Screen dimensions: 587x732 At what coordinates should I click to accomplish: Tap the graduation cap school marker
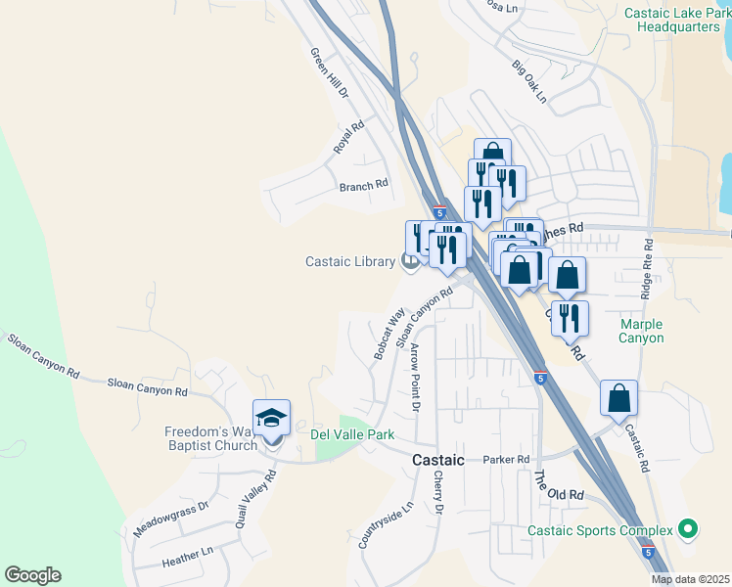(x=271, y=419)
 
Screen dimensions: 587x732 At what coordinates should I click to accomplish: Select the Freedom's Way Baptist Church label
(x=209, y=437)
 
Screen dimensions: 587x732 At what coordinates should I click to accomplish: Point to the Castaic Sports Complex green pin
(x=688, y=530)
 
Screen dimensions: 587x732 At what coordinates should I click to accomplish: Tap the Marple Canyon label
(x=641, y=331)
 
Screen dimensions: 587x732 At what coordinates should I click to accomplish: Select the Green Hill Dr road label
(x=330, y=73)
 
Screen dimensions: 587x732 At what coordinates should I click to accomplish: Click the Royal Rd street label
(x=348, y=136)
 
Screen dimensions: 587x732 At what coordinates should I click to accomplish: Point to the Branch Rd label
(x=363, y=185)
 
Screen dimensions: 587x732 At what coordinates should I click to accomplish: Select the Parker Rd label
(x=506, y=459)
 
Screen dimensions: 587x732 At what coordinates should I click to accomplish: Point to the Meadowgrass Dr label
(x=172, y=519)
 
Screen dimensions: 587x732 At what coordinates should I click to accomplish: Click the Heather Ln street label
(x=188, y=556)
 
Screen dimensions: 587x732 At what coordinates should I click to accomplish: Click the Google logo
(x=32, y=575)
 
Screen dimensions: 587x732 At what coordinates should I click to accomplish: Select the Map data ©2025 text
(x=691, y=579)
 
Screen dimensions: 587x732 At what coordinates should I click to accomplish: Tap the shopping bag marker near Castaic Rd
(x=618, y=398)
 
